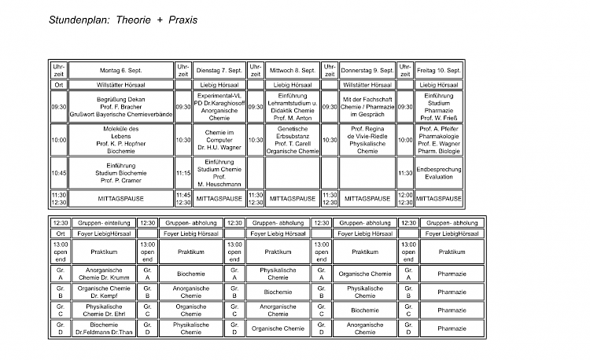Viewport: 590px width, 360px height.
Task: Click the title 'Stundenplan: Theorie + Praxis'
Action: point(123,19)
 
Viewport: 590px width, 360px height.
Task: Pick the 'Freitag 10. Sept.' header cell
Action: point(439,71)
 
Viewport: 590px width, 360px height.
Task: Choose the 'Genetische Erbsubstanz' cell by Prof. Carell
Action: point(292,139)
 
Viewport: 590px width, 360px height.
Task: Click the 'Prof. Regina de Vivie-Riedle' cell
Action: point(367,139)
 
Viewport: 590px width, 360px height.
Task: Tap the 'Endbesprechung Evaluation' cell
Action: point(439,173)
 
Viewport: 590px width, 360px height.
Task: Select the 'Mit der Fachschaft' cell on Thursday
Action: point(367,106)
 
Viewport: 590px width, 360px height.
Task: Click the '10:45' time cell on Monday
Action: point(59,173)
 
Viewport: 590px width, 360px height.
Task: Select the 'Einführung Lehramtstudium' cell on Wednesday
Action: point(292,106)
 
